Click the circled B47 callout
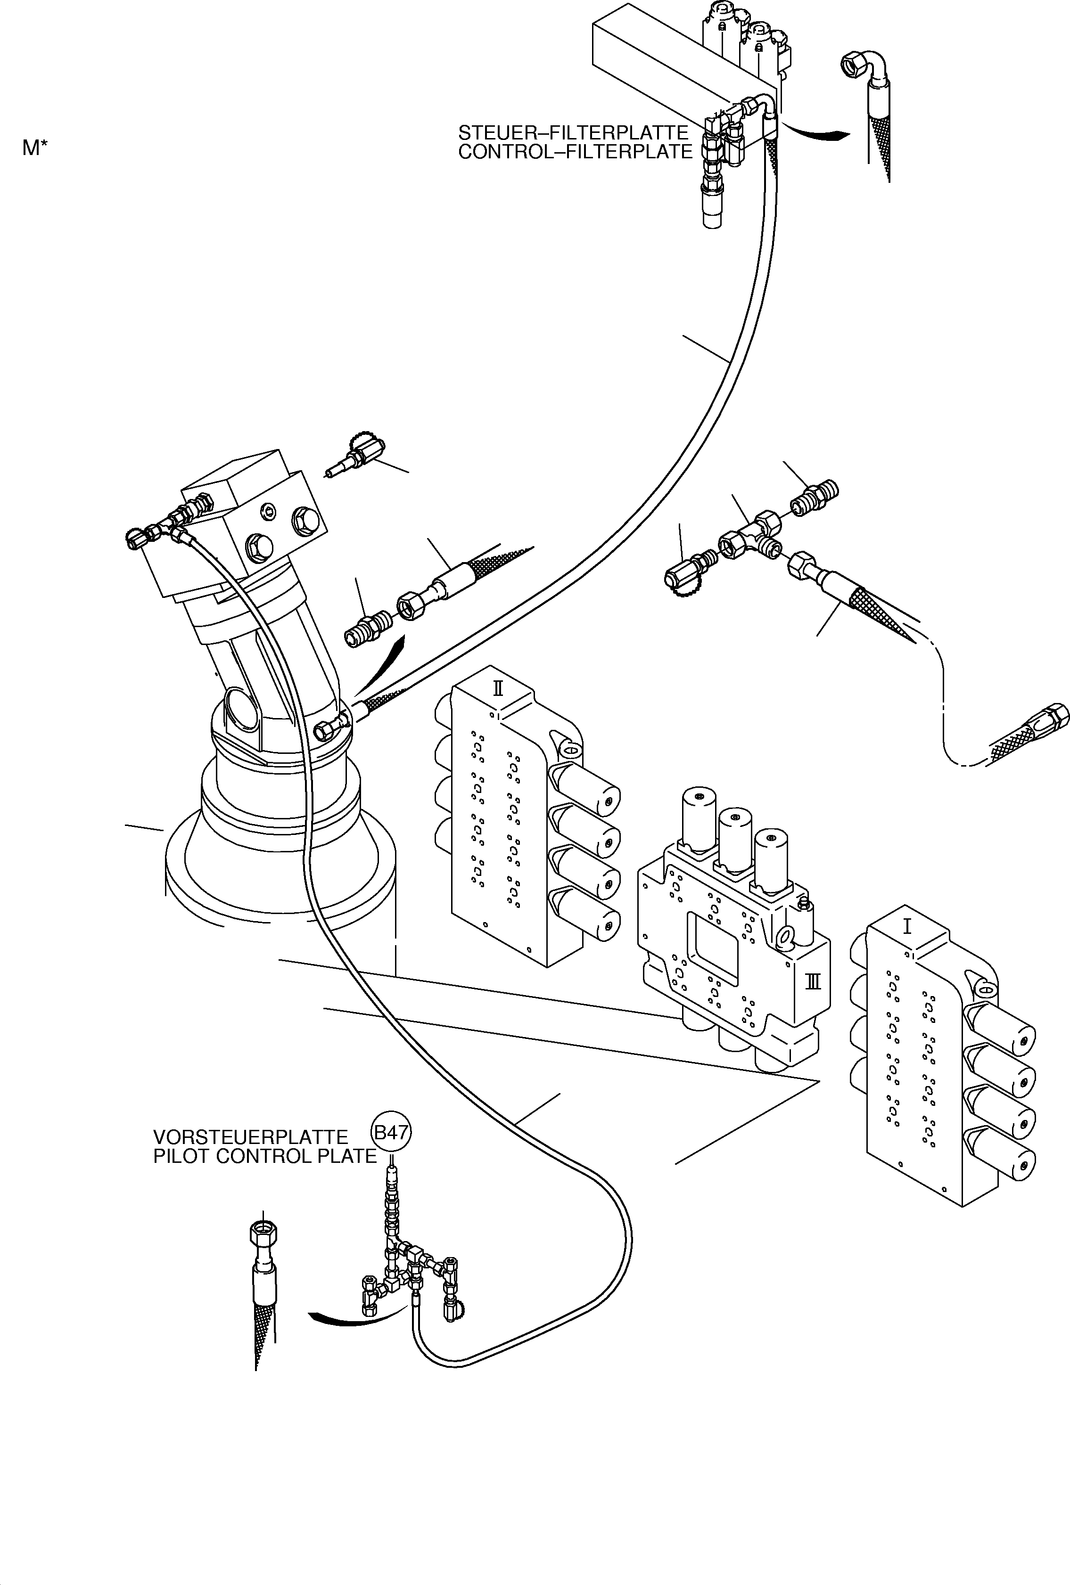click(392, 1133)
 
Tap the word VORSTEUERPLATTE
click(250, 1137)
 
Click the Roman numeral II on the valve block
click(498, 687)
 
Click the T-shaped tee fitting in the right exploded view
click(750, 535)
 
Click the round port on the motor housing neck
click(241, 709)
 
